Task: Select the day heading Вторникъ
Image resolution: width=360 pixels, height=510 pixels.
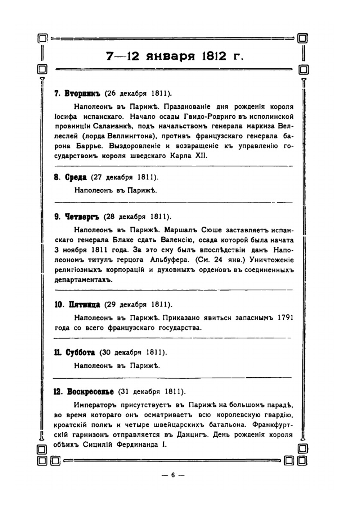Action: pos(82,94)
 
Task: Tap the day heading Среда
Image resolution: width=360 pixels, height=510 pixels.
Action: pos(76,177)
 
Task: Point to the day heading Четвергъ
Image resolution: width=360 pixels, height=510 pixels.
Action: pos(82,217)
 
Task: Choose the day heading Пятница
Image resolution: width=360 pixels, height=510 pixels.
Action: pos(84,305)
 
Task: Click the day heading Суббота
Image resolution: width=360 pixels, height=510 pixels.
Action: pos(80,352)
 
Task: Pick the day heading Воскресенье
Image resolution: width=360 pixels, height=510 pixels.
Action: pos(90,392)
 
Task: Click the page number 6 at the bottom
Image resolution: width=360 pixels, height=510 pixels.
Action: pos(173,475)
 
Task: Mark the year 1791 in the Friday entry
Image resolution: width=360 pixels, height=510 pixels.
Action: pos(285,318)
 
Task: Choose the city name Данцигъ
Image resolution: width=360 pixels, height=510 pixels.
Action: pos(192,434)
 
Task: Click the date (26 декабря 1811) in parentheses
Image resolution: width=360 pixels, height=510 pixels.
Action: pos(138,94)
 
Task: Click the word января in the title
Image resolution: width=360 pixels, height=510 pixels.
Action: pos(170,56)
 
